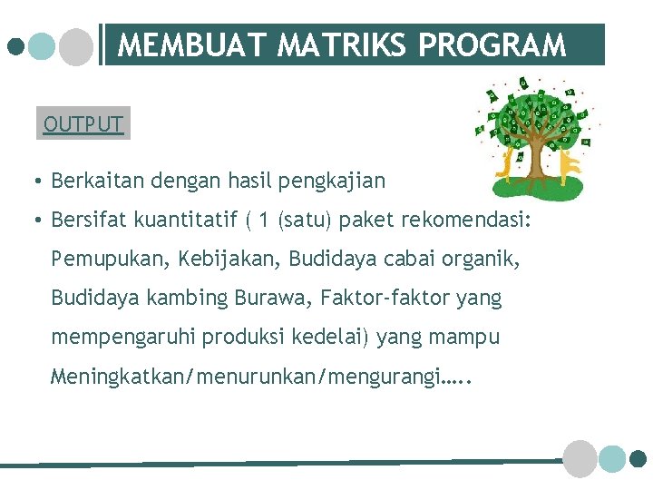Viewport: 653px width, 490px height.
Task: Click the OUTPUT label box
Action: click(x=83, y=123)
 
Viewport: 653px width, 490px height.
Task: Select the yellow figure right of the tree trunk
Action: click(x=569, y=163)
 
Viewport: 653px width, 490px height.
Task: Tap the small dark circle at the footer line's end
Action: click(x=638, y=459)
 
